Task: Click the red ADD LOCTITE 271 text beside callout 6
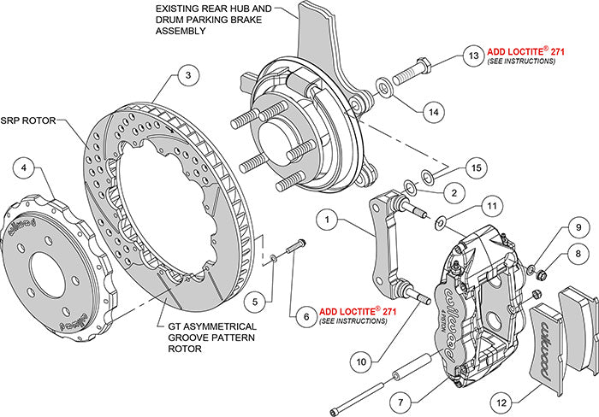click(357, 312)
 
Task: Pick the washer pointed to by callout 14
click(383, 86)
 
